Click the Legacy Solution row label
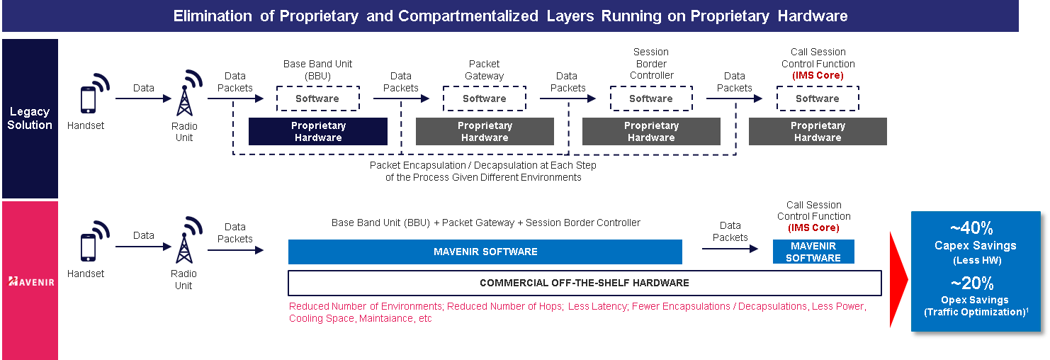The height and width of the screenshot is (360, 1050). coord(30,118)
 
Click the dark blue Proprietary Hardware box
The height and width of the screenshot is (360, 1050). coord(318,132)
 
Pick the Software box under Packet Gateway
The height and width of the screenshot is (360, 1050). coord(485,99)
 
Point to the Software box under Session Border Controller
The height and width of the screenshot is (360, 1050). coord(651,99)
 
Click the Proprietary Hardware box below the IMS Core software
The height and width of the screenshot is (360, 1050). coord(818,132)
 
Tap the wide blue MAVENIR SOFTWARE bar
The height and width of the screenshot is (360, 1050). coord(485,252)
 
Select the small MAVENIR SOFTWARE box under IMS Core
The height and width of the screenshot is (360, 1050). coord(813,252)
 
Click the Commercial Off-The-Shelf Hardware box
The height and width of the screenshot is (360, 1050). coord(585,283)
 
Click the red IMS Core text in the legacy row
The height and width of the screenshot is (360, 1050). coord(818,75)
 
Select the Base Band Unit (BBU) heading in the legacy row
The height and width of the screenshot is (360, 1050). coord(317,69)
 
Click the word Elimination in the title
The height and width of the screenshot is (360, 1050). coord(213,16)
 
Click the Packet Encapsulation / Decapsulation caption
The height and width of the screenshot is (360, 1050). coord(483,171)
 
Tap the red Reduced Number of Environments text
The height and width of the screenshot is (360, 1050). coord(366,306)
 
